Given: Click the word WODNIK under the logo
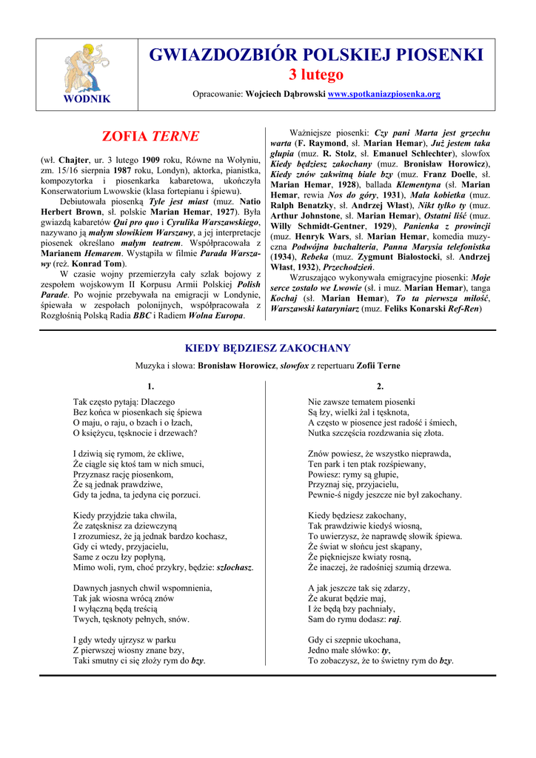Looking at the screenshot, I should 87,99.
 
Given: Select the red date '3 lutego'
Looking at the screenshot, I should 316,75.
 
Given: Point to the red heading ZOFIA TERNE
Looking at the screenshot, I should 150,136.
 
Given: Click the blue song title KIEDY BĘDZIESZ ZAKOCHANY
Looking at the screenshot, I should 267,348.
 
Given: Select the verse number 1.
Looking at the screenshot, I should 151,386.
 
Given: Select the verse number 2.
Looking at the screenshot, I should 380,386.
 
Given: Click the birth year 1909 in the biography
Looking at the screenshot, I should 151,160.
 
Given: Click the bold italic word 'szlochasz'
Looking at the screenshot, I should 235,568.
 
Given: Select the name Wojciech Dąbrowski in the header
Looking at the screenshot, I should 284,94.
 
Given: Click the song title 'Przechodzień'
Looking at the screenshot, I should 349,266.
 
